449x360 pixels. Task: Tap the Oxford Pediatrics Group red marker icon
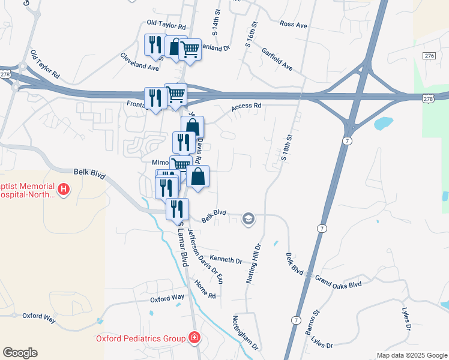pos(194,338)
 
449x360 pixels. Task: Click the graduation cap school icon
pos(247,219)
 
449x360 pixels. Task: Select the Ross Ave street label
pos(294,25)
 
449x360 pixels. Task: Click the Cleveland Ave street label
pos(139,62)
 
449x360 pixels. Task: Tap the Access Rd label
pos(247,106)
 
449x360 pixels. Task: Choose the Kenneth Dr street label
pos(226,260)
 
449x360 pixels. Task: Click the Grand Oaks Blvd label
pos(339,282)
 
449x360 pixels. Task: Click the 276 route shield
pos(429,56)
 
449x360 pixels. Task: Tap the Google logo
pos(20,353)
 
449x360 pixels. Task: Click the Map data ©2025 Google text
pos(412,355)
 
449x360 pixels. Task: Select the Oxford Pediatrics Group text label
pos(140,338)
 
